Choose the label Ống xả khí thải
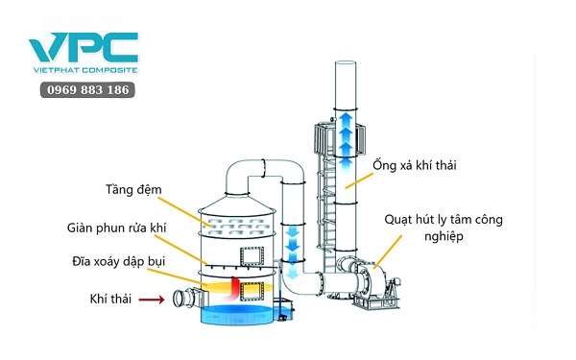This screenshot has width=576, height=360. click(415, 166)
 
